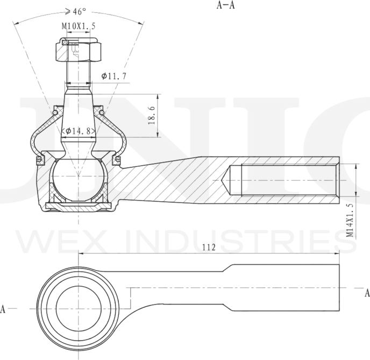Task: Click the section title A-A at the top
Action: click(x=226, y=6)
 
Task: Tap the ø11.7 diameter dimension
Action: click(x=113, y=76)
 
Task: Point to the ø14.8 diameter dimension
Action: click(x=79, y=131)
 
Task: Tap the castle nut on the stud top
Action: click(x=78, y=50)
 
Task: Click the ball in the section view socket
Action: click(x=78, y=178)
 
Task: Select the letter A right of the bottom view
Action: click(x=367, y=293)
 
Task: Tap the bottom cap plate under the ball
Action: click(x=78, y=206)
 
